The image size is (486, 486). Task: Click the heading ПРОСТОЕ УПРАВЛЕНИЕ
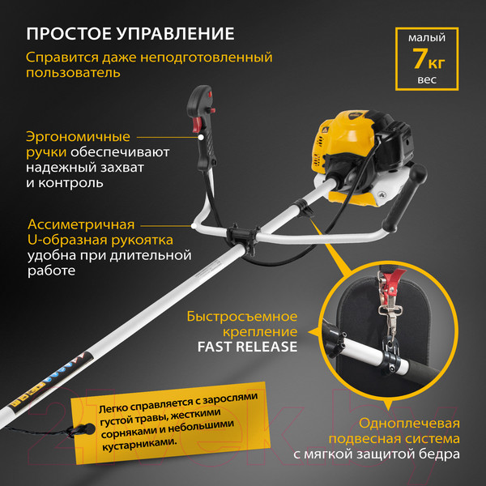(x=130, y=34)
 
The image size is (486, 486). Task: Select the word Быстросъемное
(x=242, y=315)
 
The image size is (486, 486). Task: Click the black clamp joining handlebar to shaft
(x=242, y=236)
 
